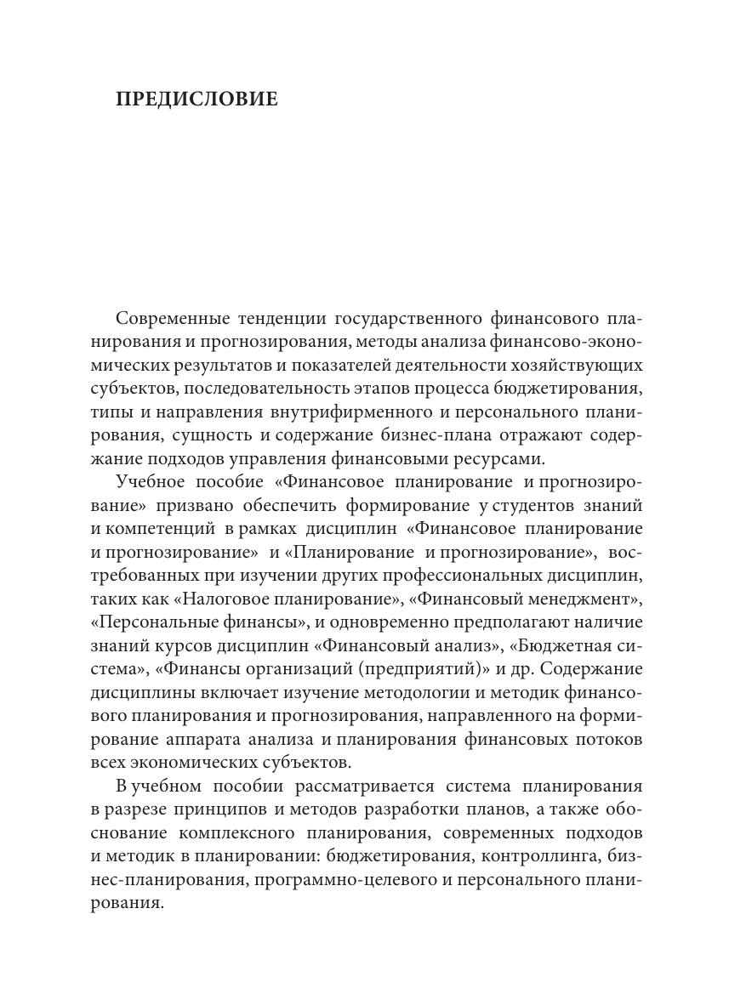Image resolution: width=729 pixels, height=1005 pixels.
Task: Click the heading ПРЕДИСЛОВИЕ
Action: click(x=196, y=99)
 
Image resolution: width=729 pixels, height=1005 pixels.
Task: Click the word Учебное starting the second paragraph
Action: click(x=147, y=483)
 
